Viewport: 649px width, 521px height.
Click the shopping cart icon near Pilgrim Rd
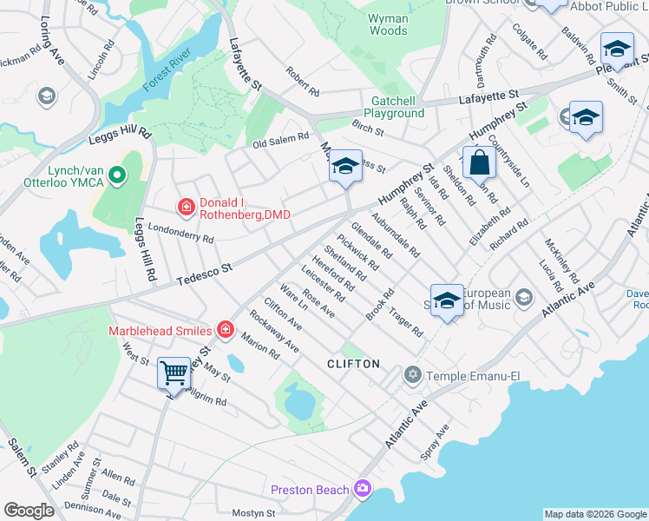coord(174,373)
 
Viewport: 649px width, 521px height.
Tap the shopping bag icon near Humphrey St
coord(479,162)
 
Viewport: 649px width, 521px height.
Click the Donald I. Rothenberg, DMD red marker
coord(186,207)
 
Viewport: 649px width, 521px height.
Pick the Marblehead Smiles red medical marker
coord(226,329)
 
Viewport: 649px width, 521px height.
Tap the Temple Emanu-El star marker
coord(412,375)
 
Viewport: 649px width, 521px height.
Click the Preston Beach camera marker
coord(362,490)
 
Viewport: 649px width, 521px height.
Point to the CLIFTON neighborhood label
coord(353,364)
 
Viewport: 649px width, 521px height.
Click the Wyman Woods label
coord(388,24)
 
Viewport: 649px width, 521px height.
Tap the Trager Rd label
coord(405,324)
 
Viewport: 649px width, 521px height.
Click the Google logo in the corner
coord(29,511)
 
